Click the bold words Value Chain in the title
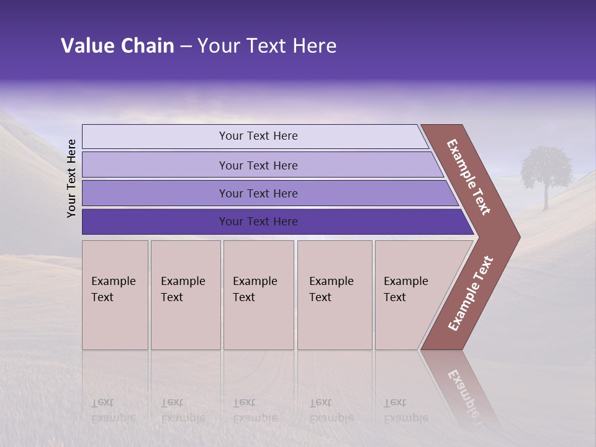pyautogui.click(x=117, y=46)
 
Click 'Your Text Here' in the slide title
pyautogui.click(x=267, y=46)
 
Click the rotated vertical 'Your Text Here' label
pyautogui.click(x=71, y=178)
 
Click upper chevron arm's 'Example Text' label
pyautogui.click(x=469, y=177)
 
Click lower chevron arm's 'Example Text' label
pyautogui.click(x=471, y=294)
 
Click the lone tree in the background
pyautogui.click(x=546, y=166)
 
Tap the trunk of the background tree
pyautogui.click(x=546, y=197)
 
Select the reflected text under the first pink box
pyautogui.click(x=113, y=410)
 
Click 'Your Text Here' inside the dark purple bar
pyautogui.click(x=258, y=222)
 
